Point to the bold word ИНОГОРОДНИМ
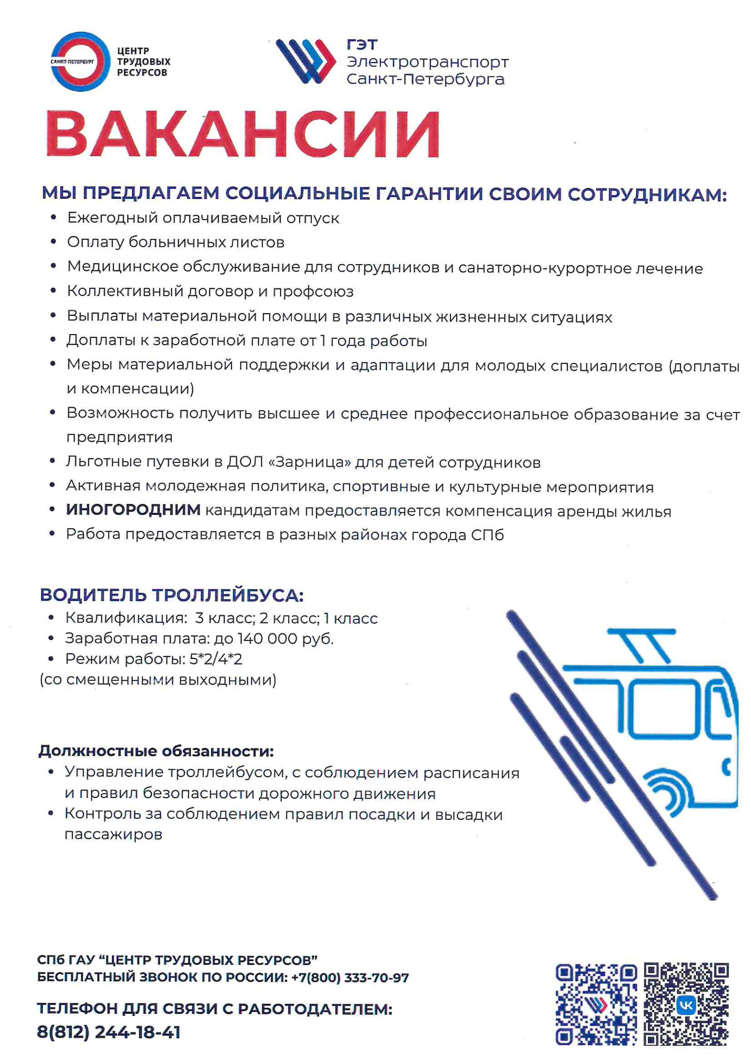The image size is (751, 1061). [133, 510]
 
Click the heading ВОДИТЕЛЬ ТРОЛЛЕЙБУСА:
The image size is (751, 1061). [172, 595]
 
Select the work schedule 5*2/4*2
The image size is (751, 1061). [216, 659]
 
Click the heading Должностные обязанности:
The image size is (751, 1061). [156, 751]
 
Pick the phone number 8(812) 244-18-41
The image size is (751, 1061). [109, 1032]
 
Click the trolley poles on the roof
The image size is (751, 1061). [645, 647]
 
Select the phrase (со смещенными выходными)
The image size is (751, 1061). [158, 680]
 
